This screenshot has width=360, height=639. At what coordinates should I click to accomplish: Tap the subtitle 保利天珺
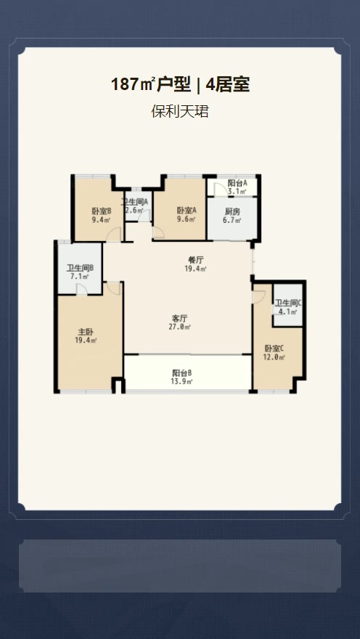pos(180,111)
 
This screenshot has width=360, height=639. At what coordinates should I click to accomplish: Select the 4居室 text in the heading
pos(228,85)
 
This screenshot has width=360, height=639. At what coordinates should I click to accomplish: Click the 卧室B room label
pos(102,211)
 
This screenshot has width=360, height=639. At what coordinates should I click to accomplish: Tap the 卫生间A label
pos(135,202)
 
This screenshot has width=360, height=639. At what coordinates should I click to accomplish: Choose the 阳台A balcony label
pos(237,184)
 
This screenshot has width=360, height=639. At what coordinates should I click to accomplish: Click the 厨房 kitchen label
pos(232,212)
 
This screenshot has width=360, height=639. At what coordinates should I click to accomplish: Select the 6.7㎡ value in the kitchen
pos(232,221)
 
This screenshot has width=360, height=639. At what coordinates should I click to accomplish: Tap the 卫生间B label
pos(81,268)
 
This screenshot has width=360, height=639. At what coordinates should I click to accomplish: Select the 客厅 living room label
pos(179,318)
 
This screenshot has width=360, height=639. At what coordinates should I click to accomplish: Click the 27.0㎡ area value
pos(179,327)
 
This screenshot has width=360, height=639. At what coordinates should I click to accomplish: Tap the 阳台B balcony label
pos(182,373)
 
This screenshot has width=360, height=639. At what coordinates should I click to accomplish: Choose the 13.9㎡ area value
pos(181,381)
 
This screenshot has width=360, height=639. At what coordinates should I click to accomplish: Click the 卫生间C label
pos(288,304)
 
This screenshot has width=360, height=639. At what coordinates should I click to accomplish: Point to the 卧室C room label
pos(274,349)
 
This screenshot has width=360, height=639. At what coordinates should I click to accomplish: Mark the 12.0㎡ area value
pos(274,357)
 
